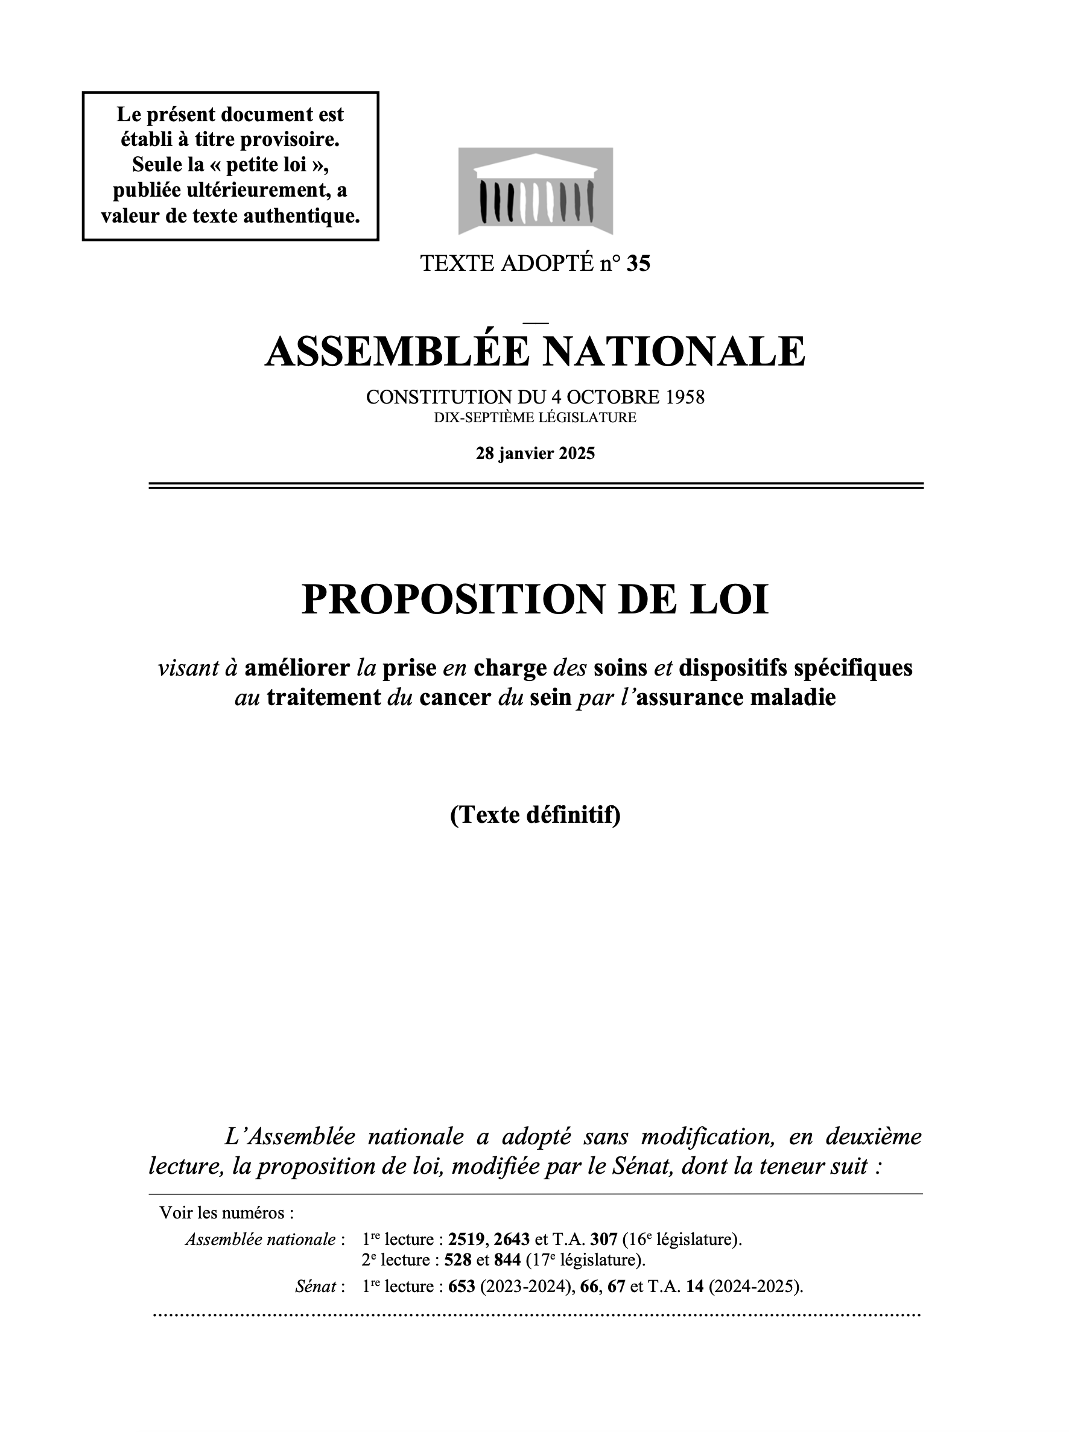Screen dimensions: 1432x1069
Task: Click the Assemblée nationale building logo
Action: coord(535,191)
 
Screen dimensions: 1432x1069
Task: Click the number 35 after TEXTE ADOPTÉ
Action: coord(638,264)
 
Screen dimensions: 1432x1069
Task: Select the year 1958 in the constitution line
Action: coord(685,397)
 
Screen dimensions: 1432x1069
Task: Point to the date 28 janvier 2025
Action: coord(535,453)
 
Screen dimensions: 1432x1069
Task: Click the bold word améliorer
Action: coord(297,668)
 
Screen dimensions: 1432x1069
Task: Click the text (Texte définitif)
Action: coord(535,815)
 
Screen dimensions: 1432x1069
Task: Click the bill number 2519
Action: coord(466,1240)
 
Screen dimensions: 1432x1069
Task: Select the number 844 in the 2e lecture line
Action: coord(507,1260)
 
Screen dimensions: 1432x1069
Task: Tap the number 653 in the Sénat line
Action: coord(462,1287)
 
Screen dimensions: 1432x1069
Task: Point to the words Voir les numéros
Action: coord(226,1212)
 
